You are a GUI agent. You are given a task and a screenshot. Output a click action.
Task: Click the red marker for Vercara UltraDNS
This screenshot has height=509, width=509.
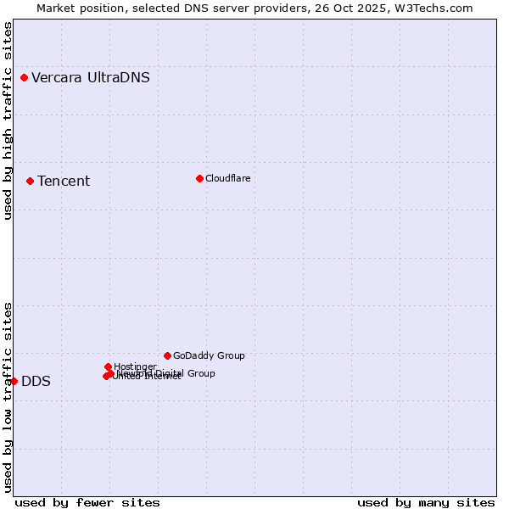(x=24, y=78)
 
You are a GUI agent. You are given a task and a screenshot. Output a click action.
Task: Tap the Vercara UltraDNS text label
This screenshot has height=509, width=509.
(x=91, y=78)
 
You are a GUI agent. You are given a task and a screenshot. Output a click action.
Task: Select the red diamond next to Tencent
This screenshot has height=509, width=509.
(x=30, y=181)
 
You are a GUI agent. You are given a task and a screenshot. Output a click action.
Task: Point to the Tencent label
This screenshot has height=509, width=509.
(x=64, y=182)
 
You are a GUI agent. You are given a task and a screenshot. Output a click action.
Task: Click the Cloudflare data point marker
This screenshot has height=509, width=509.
(x=199, y=178)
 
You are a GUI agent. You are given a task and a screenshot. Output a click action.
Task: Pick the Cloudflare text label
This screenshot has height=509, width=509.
(x=227, y=178)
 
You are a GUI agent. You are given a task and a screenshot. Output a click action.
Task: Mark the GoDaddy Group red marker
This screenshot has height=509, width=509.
(x=167, y=355)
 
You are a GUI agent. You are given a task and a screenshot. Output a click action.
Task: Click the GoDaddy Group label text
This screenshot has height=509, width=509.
(x=209, y=356)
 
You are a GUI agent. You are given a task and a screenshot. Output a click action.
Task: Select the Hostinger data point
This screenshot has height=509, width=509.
(x=108, y=366)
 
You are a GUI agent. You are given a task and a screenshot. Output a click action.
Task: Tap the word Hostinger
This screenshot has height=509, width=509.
(x=135, y=366)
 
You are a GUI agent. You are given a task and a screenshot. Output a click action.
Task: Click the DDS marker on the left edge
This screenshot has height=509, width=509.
(x=14, y=381)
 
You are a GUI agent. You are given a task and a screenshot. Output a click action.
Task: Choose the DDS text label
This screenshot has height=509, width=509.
(x=36, y=382)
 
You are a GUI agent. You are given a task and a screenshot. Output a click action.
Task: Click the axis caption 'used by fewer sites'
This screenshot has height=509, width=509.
(x=87, y=502)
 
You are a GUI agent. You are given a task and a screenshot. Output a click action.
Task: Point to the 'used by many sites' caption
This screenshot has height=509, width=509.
(x=426, y=502)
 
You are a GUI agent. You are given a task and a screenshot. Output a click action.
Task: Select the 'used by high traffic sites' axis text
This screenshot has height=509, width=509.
(x=8, y=120)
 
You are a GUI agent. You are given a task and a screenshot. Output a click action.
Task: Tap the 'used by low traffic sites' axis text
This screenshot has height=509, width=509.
(x=8, y=397)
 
